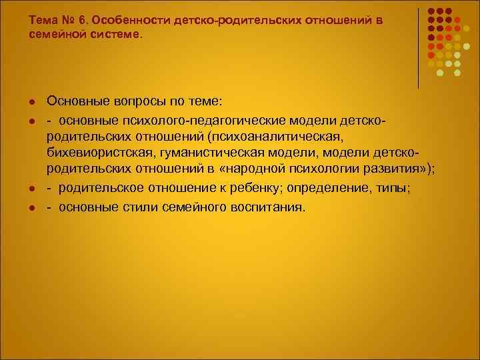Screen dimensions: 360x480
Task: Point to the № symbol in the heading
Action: tap(72, 21)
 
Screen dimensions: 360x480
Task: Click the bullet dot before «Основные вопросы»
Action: tap(31, 102)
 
